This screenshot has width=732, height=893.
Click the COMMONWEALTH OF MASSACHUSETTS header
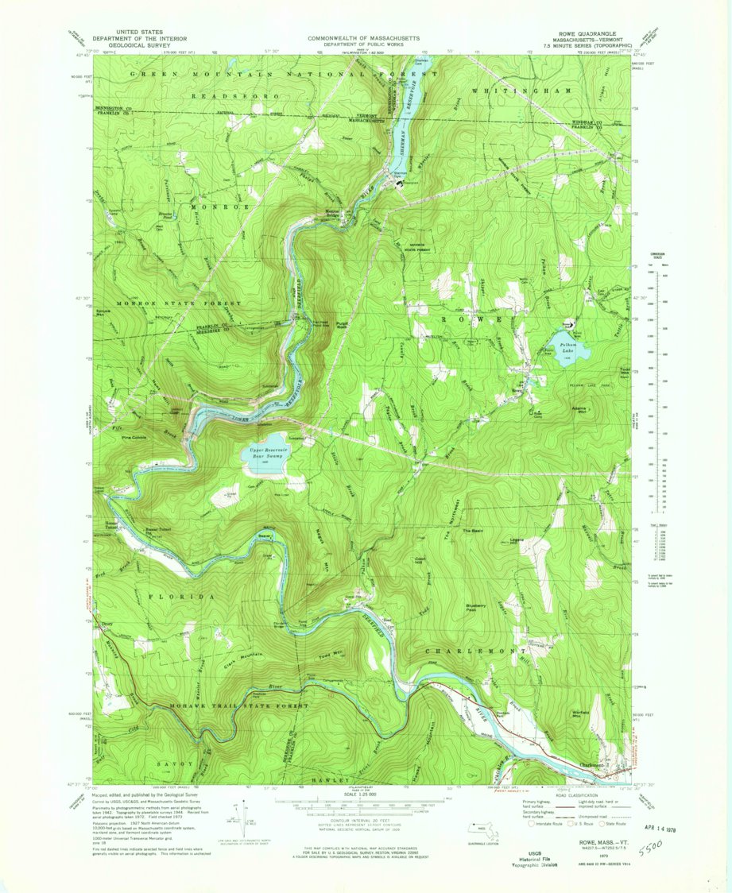click(366, 37)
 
